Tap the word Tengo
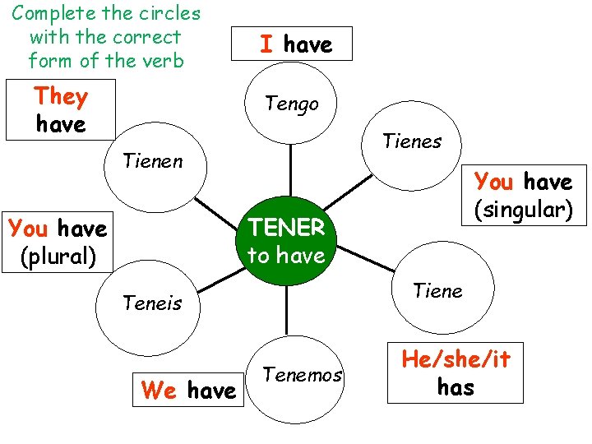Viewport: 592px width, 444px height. tap(290, 104)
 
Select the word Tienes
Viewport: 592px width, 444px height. tap(412, 141)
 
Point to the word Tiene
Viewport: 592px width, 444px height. tap(437, 290)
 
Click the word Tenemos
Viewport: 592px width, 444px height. tap(303, 376)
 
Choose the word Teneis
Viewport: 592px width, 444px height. tap(152, 303)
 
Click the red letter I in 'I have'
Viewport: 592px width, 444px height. tap(266, 44)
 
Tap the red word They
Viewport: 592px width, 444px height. tap(61, 97)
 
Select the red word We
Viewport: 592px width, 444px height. tap(160, 390)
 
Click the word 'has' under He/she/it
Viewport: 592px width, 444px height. tap(456, 386)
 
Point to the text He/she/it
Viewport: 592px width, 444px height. tap(456, 359)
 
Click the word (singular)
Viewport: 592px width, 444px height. tap(523, 210)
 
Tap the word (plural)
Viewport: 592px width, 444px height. tap(58, 256)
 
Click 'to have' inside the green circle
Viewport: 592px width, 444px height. tap(286, 256)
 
